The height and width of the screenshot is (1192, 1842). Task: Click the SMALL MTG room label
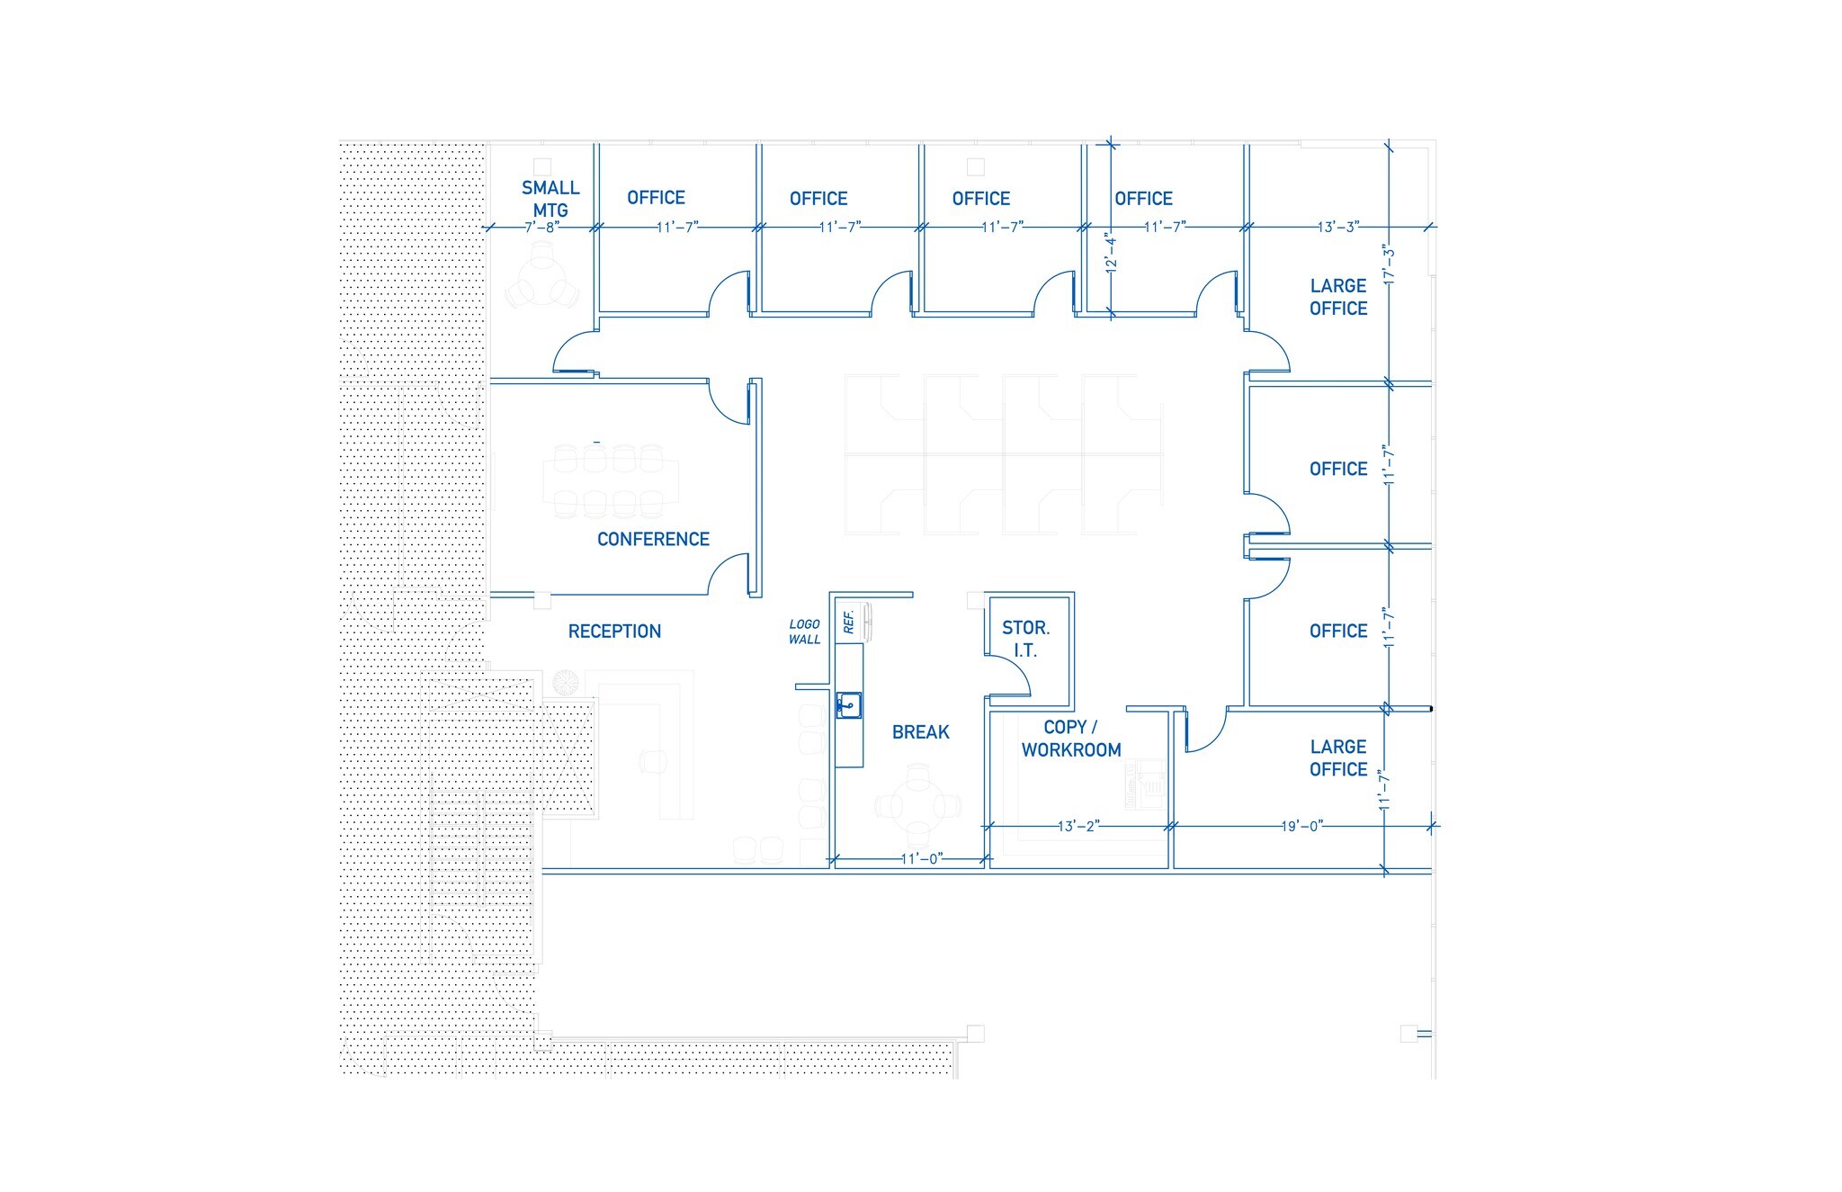pyautogui.click(x=550, y=199)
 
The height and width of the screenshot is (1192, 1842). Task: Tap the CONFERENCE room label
pyautogui.click(x=653, y=539)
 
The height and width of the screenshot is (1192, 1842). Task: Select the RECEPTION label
pyautogui.click(x=614, y=632)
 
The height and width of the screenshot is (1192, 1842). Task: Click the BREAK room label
pyautogui.click(x=920, y=732)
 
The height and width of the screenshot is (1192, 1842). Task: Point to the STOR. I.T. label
pyautogui.click(x=1025, y=639)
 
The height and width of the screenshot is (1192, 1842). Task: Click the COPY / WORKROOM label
pyautogui.click(x=1070, y=739)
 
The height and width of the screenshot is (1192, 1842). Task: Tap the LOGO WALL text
pyautogui.click(x=804, y=632)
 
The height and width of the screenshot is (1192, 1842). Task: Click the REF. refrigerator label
pyautogui.click(x=848, y=622)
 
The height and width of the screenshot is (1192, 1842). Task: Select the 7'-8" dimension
pyautogui.click(x=542, y=228)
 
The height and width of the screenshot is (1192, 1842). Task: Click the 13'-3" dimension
pyautogui.click(x=1337, y=228)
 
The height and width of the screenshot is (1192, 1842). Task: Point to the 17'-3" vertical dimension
pyautogui.click(x=1390, y=265)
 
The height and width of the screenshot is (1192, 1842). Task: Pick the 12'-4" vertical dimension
pyautogui.click(x=1112, y=253)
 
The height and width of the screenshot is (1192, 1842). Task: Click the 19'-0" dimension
pyautogui.click(x=1301, y=826)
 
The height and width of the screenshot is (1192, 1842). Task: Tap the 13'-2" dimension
pyautogui.click(x=1077, y=826)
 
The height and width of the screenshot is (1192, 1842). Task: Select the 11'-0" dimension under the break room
pyautogui.click(x=921, y=859)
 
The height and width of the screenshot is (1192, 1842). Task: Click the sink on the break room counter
pyautogui.click(x=848, y=705)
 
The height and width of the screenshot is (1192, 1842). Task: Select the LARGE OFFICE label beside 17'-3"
pyautogui.click(x=1337, y=297)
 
